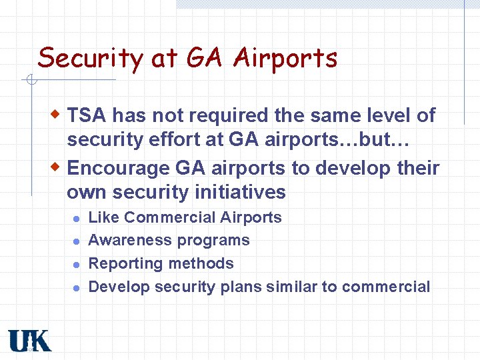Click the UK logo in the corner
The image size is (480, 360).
point(29,341)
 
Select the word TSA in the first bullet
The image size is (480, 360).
point(87,116)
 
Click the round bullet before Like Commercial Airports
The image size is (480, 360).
point(77,219)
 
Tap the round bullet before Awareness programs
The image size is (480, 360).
point(77,241)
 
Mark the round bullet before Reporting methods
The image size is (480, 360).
point(77,265)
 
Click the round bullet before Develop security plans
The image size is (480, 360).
point(77,288)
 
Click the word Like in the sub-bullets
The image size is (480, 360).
point(104,217)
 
